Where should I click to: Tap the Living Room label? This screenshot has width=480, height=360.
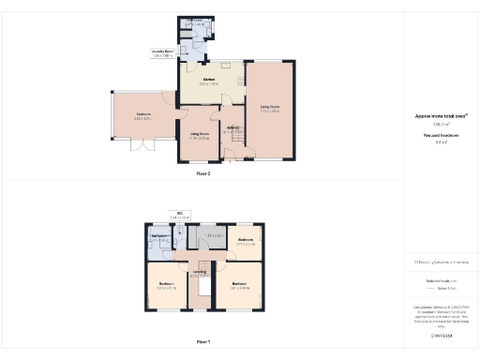click(x=269, y=107)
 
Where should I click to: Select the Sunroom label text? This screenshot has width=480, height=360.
click(x=142, y=116)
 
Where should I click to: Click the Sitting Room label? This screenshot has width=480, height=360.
click(x=199, y=135)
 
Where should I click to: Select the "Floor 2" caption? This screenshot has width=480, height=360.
click(x=203, y=172)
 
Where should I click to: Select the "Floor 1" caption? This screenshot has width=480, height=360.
click(x=203, y=343)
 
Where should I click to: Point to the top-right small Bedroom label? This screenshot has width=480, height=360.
click(x=246, y=241)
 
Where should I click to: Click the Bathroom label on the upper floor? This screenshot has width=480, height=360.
click(x=159, y=238)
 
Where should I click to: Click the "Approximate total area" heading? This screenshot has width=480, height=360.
click(x=441, y=115)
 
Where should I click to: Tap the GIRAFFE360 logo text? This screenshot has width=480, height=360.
click(x=440, y=334)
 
